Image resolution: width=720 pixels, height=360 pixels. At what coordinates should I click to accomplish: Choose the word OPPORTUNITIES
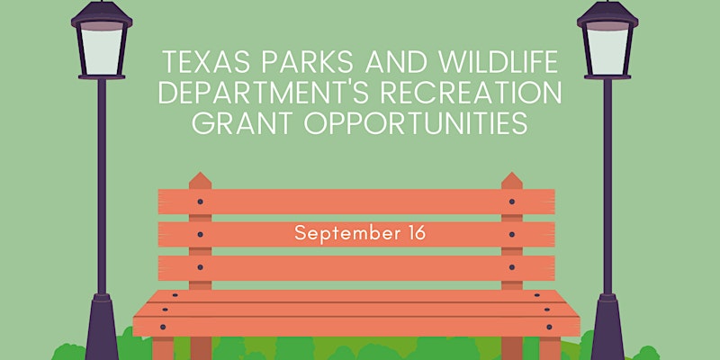(416, 123)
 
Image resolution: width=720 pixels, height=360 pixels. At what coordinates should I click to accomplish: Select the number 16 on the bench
(416, 233)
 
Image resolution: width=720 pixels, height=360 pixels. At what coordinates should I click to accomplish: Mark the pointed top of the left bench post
(200, 173)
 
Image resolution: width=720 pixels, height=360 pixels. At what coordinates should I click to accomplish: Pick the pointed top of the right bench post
(512, 173)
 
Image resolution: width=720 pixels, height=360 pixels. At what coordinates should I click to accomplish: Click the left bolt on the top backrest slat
(200, 202)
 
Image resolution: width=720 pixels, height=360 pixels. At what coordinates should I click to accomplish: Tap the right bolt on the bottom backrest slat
(511, 267)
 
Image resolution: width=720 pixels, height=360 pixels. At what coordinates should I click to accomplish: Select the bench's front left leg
(163, 348)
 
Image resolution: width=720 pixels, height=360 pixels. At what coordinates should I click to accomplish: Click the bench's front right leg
(550, 348)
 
